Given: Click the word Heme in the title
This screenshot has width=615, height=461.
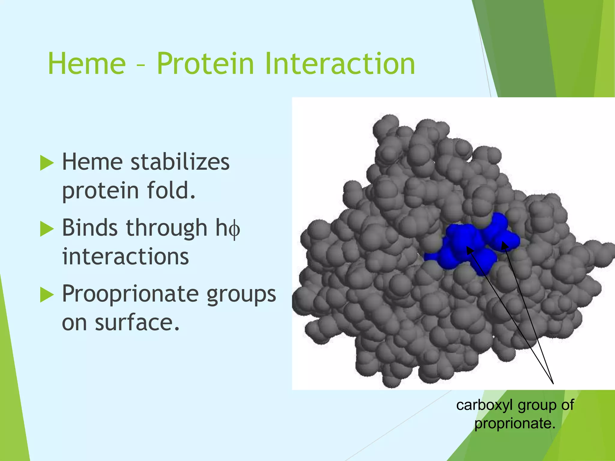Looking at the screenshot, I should point(87,64).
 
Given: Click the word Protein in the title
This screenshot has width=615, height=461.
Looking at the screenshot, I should point(205,64).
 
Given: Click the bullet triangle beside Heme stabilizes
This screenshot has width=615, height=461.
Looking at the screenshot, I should point(47,163).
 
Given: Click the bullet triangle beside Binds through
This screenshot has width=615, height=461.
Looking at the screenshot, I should point(47,229).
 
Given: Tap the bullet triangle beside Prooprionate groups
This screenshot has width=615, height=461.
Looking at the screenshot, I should point(47,295).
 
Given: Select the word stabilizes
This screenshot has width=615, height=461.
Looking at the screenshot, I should point(180,162).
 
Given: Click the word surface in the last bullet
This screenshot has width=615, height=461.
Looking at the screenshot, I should point(137,323).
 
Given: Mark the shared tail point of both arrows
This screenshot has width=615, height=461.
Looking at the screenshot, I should point(553,384).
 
